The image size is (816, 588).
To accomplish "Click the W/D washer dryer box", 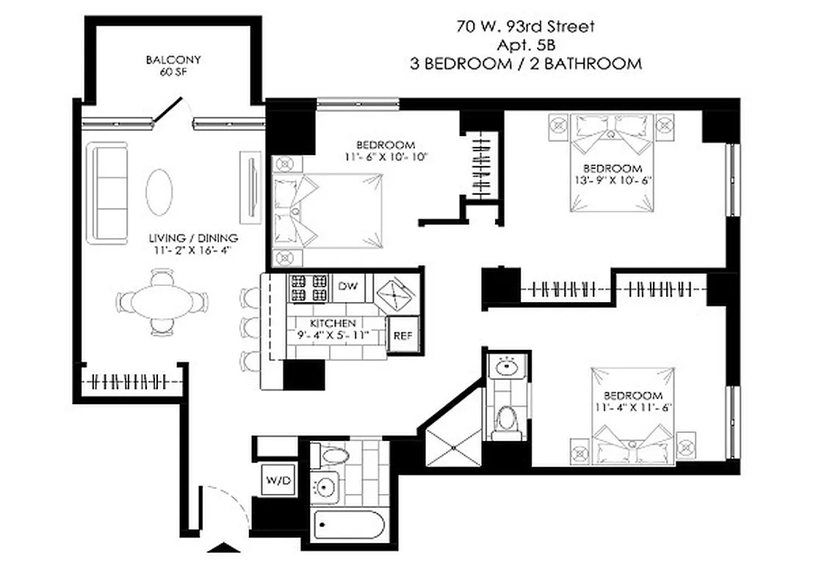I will [x=278, y=481].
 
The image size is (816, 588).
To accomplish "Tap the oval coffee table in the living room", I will [x=160, y=190].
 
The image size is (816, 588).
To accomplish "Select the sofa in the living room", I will [x=108, y=193].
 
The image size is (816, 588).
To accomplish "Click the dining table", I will [x=160, y=302].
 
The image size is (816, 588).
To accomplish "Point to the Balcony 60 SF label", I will [x=173, y=65].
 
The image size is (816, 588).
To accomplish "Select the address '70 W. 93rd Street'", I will [x=524, y=27].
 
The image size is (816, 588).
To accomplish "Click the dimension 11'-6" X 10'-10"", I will [x=385, y=157].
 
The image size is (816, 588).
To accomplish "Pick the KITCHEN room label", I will [x=333, y=323].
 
